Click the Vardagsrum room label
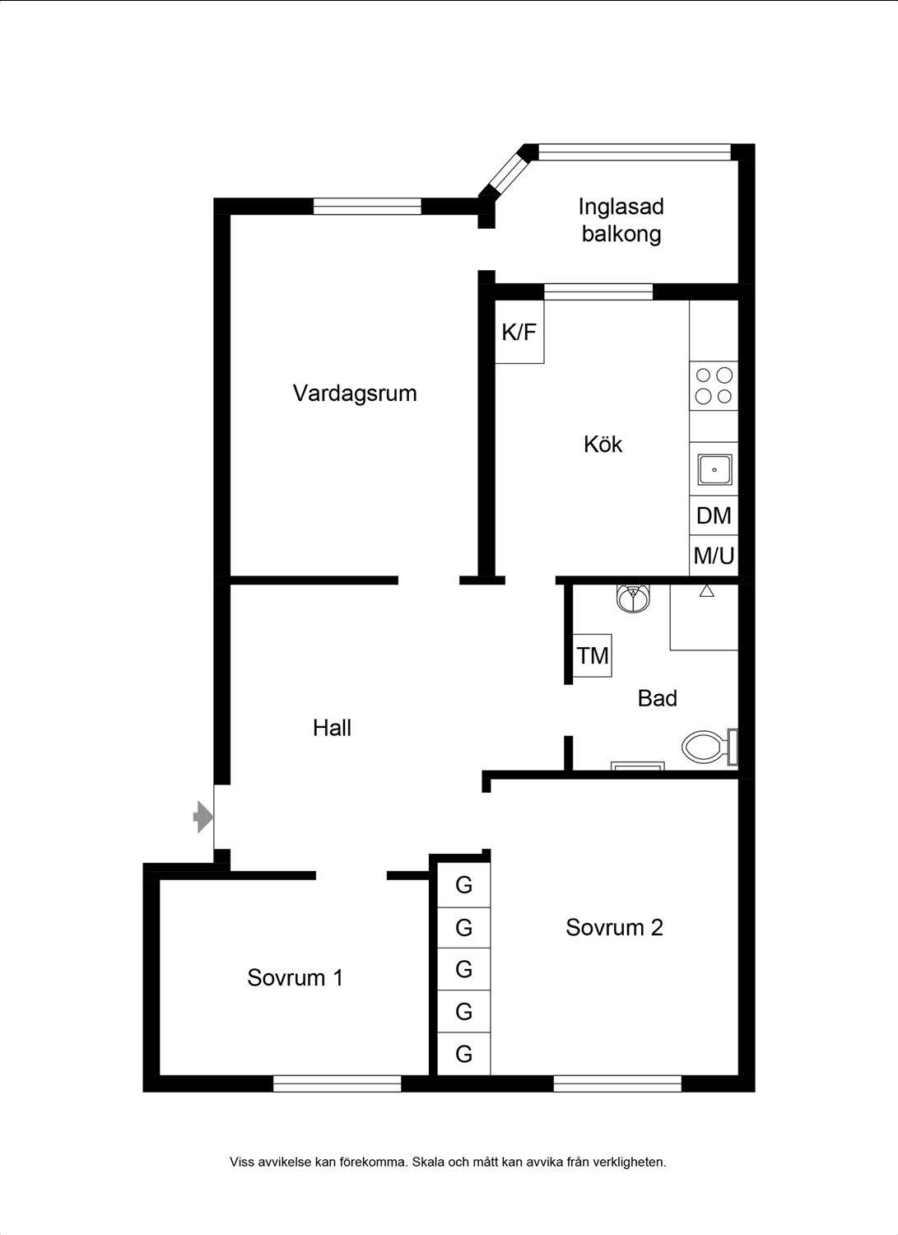(x=355, y=394)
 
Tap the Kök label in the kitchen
(x=603, y=445)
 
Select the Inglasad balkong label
(x=621, y=220)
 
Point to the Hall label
(x=332, y=728)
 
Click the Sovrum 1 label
(x=295, y=977)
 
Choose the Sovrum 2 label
(x=614, y=927)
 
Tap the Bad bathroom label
(x=657, y=698)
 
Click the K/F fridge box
(x=519, y=331)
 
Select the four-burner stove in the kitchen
(x=714, y=386)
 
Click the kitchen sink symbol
(x=714, y=470)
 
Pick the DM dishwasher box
(x=714, y=515)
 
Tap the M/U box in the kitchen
(x=714, y=556)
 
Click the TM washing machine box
(x=593, y=655)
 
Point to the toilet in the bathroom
(x=710, y=747)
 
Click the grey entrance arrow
(x=202, y=817)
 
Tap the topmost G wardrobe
(x=463, y=885)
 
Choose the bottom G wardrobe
(x=463, y=1054)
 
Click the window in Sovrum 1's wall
(x=337, y=1084)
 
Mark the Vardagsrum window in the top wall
(x=367, y=206)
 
